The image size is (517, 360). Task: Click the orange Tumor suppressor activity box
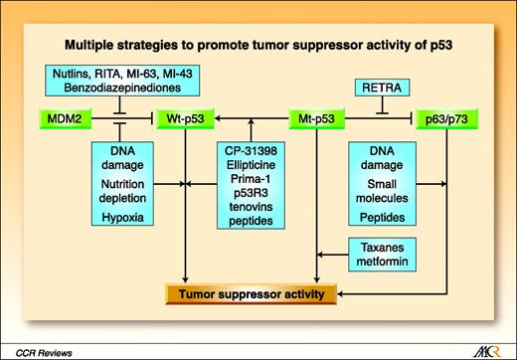point(251,293)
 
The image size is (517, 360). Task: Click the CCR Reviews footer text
point(43,348)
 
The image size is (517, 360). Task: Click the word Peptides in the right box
point(382,214)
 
